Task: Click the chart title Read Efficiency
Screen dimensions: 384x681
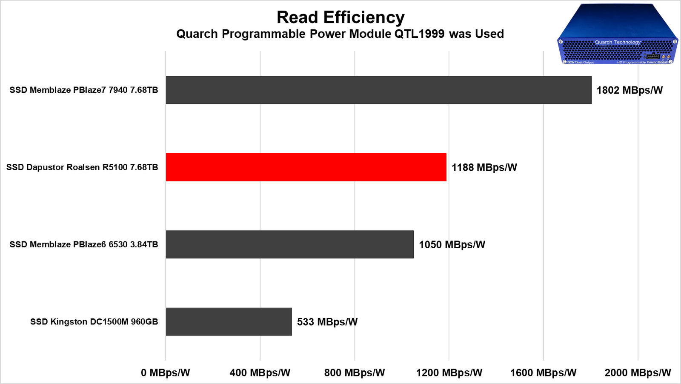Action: [x=340, y=17]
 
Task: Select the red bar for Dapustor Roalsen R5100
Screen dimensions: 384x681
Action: [x=306, y=167]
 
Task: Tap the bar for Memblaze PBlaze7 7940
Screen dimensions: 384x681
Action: [x=378, y=90]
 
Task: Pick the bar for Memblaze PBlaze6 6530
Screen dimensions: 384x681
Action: [x=289, y=244]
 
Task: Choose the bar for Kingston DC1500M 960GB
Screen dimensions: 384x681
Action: [x=229, y=322]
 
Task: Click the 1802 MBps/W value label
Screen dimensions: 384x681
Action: [x=629, y=90]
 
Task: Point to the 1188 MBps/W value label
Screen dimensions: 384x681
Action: [x=484, y=168]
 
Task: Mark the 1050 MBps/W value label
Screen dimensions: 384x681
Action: [x=452, y=245]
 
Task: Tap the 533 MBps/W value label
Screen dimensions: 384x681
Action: [x=327, y=322]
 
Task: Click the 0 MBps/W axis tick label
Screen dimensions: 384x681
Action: [x=165, y=373]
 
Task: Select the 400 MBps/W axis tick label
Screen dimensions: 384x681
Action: [x=260, y=373]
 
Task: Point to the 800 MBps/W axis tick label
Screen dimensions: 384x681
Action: [x=354, y=373]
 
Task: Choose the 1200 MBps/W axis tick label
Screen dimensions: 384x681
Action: [x=449, y=373]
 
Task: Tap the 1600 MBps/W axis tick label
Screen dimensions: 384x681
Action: [x=543, y=373]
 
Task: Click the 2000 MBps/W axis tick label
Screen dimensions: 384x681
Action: [x=638, y=373]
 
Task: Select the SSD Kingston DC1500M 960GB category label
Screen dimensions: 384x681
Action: [x=94, y=322]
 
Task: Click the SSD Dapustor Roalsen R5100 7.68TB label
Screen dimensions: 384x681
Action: [x=82, y=167]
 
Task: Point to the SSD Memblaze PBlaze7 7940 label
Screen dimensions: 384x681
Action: [x=84, y=90]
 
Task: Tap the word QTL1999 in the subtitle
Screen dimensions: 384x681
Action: [x=419, y=34]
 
